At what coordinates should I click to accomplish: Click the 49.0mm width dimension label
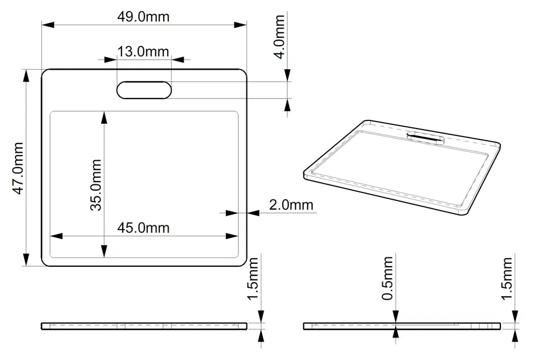point(143,17)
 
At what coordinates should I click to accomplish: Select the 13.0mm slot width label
point(143,51)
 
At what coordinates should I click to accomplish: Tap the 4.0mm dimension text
point(279,37)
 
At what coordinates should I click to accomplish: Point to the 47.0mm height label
point(18,168)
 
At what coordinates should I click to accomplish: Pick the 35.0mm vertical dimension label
point(96,185)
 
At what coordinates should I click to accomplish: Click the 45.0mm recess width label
point(143,228)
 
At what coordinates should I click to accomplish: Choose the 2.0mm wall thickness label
point(291,204)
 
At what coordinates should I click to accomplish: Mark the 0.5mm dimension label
point(387,279)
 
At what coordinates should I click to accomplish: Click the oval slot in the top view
point(144,90)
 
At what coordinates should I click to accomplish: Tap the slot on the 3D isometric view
point(425,137)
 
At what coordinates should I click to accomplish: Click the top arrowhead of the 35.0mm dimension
point(104,118)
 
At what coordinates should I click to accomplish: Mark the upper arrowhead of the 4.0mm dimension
point(287,75)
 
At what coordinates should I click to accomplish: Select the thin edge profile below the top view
point(144,326)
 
